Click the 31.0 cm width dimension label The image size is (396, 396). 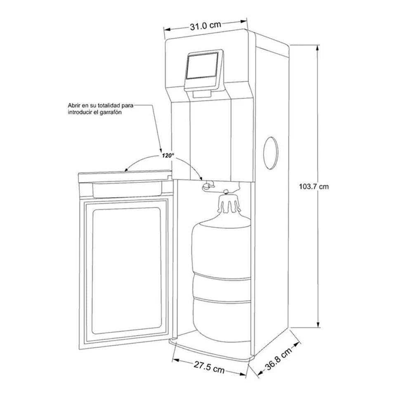tap(205, 26)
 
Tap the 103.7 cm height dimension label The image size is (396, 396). tap(314, 186)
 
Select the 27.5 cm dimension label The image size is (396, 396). tap(209, 367)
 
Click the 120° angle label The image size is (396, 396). tap(168, 156)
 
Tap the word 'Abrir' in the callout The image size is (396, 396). tap(73, 105)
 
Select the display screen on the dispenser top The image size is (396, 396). tap(202, 66)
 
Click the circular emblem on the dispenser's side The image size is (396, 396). tap(271, 153)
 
